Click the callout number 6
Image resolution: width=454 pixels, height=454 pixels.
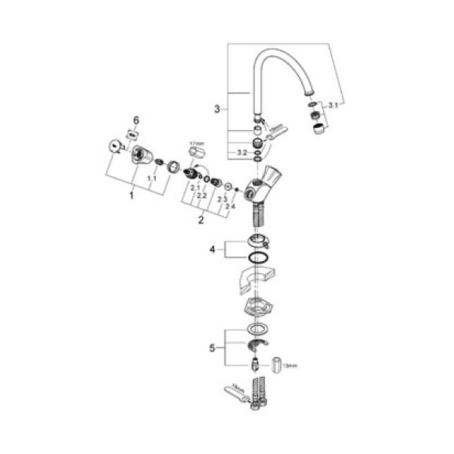point(136,120)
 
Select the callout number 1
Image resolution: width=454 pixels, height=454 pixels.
point(131,194)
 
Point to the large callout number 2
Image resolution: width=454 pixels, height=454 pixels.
point(201,221)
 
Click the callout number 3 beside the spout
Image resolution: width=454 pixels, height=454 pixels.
point(216,110)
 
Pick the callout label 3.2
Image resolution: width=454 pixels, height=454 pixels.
point(242,152)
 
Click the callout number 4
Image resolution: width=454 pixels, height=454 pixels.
point(213,247)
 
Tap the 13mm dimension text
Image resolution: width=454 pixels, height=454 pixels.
point(291,365)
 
